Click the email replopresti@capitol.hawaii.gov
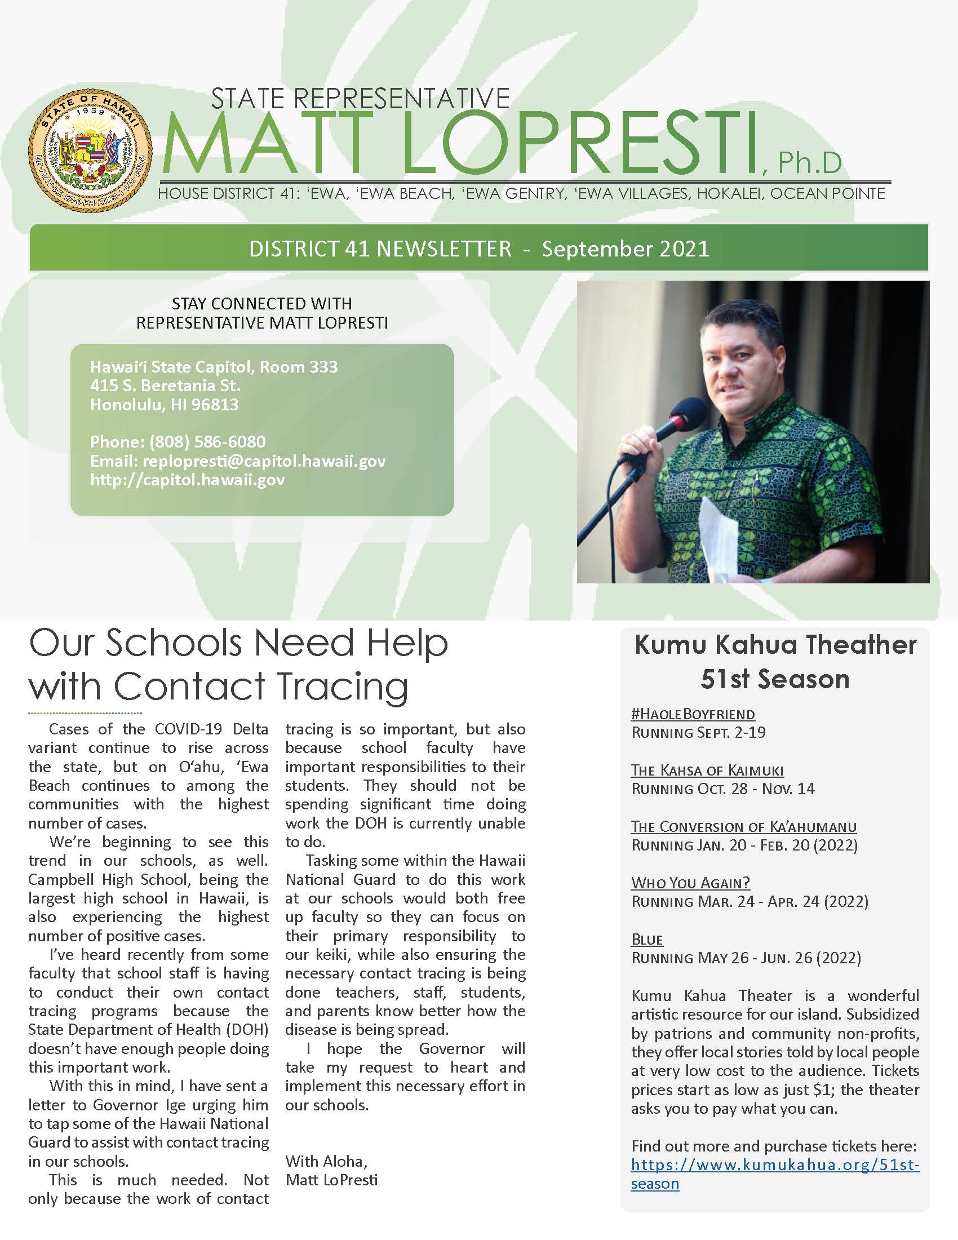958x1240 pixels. [x=264, y=461]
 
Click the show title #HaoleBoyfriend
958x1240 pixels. [x=693, y=714]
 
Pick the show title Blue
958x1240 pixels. [x=647, y=939]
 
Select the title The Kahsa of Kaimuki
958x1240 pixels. [x=707, y=770]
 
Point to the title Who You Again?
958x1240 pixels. [x=691, y=883]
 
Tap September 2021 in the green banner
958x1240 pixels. [x=626, y=249]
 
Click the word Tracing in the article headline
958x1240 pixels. [x=340, y=686]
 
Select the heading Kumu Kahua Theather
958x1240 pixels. [x=775, y=645]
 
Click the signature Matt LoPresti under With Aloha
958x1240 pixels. [x=331, y=1180]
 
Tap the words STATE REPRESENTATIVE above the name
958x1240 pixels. [x=361, y=98]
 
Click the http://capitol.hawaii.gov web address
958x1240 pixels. [x=187, y=480]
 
